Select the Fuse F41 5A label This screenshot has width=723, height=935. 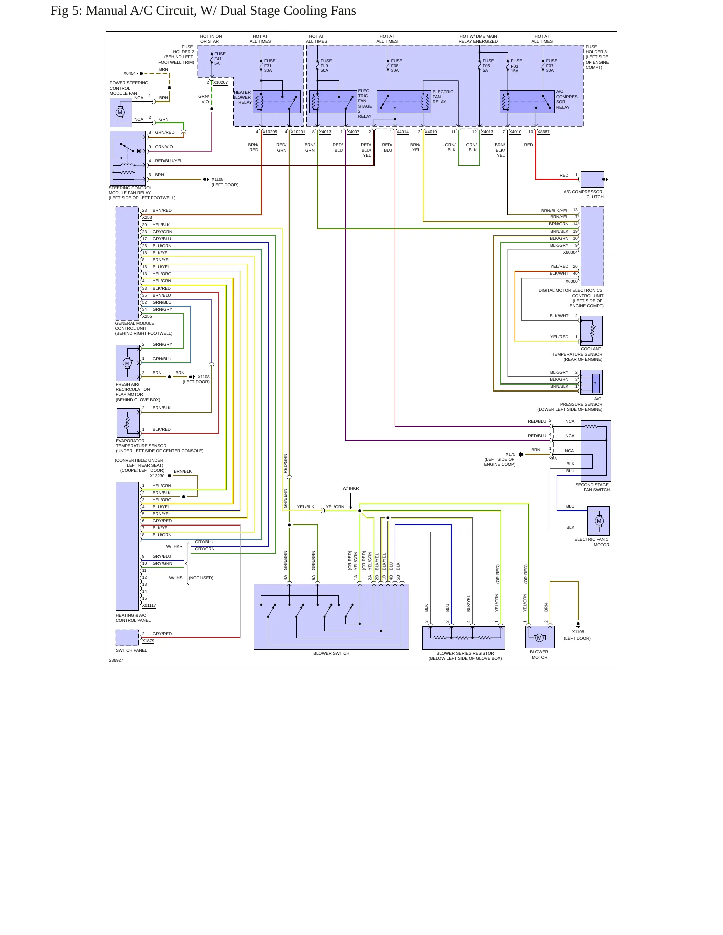pos(220,59)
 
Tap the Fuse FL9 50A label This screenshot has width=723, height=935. pos(326,66)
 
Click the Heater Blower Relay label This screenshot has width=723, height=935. pos(242,97)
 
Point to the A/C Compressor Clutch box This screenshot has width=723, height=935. pos(592,179)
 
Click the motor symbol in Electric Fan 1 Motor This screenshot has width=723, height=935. pos(599,521)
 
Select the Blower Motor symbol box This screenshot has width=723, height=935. pos(540,637)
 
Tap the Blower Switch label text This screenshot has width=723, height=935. pos(331,654)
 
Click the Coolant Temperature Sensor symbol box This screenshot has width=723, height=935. pos(592,331)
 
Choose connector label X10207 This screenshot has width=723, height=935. pos(220,82)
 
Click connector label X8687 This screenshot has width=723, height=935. pos(543,132)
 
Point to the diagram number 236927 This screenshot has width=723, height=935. pos(116,660)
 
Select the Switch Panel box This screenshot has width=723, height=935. pos(127,638)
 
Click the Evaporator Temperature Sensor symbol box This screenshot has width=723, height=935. pos(128,423)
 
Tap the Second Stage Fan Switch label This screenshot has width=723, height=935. pos(592,487)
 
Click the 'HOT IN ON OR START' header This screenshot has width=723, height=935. pos(211,39)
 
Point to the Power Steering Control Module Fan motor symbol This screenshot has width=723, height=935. pos(120,112)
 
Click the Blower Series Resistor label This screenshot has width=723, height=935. pos(465,656)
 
